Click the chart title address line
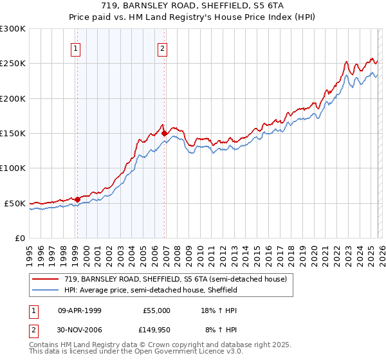point(194,6)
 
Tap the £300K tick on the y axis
point(13,29)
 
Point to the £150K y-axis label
point(13,134)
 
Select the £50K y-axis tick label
point(15,203)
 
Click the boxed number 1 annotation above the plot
point(76,48)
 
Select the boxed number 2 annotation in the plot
point(163,48)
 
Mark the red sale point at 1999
point(78,199)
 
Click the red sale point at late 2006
point(165,134)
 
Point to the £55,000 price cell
point(156,310)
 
